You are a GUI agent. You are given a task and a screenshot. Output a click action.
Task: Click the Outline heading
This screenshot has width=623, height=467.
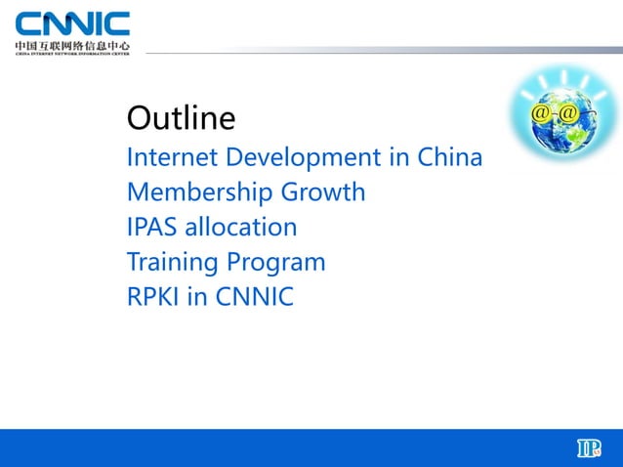pyautogui.click(x=181, y=119)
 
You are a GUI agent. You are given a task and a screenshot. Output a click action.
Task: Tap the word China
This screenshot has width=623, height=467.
pyautogui.click(x=450, y=156)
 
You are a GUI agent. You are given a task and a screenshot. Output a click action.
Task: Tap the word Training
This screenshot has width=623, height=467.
pyautogui.click(x=173, y=262)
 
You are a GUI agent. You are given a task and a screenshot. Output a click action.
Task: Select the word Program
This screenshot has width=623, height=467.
pyautogui.click(x=276, y=262)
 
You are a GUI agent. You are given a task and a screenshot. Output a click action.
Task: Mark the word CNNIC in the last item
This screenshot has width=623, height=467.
pyautogui.click(x=253, y=297)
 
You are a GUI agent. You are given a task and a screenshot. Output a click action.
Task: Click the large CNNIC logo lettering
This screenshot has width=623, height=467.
pyautogui.click(x=72, y=23)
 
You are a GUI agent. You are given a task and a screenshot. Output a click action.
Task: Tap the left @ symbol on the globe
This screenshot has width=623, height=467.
pyautogui.click(x=539, y=115)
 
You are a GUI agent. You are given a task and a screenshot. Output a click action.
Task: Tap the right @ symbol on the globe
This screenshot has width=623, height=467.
pyautogui.click(x=567, y=115)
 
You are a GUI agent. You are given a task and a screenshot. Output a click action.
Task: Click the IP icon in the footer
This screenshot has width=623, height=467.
pyautogui.click(x=588, y=448)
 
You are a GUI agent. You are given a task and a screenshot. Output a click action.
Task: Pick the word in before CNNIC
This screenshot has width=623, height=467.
pyautogui.click(x=197, y=297)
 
